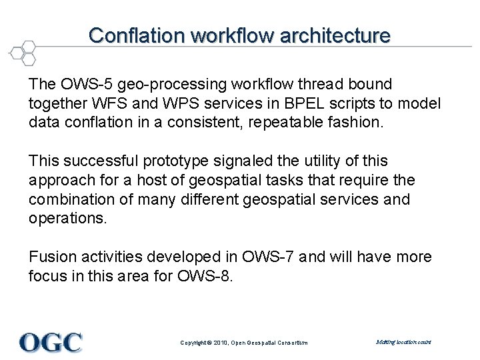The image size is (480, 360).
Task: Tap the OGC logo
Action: pyautogui.click(x=51, y=342)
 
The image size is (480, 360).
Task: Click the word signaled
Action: pyautogui.click(x=248, y=161)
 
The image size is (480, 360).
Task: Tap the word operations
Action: pyautogui.click(x=67, y=219)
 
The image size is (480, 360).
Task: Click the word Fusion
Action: pyautogui.click(x=51, y=257)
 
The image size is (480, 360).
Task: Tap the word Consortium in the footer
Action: pyautogui.click(x=291, y=343)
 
